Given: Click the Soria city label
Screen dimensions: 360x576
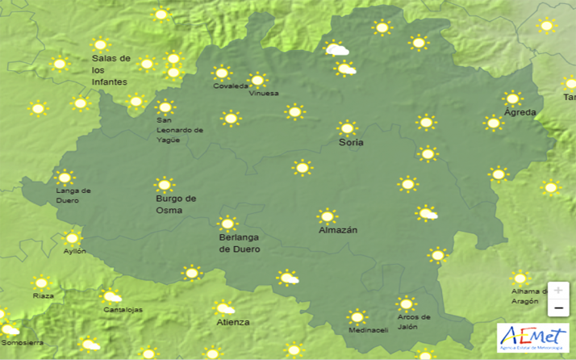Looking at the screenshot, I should [351, 143].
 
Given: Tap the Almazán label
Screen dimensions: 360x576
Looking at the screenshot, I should [338, 230].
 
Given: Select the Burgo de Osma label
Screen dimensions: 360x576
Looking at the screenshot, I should [175, 204].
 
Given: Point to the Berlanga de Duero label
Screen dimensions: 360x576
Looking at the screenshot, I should [240, 244].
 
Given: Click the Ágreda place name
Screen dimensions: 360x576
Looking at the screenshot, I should [520, 112].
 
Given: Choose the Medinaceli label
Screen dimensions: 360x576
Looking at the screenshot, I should [369, 330].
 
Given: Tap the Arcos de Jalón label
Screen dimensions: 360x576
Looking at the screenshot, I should [413, 321].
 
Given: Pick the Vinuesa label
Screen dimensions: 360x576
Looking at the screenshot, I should [264, 93].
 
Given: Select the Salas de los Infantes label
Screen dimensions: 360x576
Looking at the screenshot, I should [111, 70].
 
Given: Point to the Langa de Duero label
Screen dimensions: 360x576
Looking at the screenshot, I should [73, 195].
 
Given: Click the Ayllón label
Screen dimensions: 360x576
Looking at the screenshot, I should [75, 252].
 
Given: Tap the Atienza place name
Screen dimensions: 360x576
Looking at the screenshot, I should [233, 322].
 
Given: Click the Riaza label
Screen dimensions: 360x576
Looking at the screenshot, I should [44, 296].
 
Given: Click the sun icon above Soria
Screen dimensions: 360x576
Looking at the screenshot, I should [348, 128].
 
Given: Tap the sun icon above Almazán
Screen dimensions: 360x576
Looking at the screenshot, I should [327, 216].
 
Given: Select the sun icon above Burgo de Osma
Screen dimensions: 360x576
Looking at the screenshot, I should [165, 185].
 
